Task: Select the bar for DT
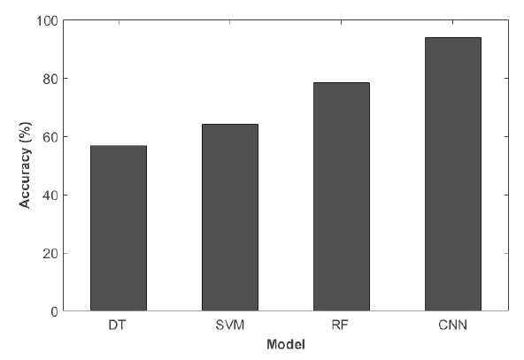coord(119,228)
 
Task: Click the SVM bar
coord(230,218)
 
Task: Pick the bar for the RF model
coord(342,196)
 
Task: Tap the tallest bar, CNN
coord(453,174)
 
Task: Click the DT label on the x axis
coord(118,325)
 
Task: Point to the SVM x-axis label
coord(230,325)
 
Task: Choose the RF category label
coord(341,325)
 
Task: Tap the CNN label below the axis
coord(453,325)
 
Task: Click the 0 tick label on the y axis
coord(55,311)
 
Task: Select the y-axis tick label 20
coord(50,254)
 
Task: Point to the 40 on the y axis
coord(50,195)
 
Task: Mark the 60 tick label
coord(50,137)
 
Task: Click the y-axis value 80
coord(50,79)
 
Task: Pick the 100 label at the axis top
coord(47,20)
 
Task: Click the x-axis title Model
coord(286,344)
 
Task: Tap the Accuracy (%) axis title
coord(26,165)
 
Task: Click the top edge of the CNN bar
coord(453,38)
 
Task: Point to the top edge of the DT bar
coord(119,146)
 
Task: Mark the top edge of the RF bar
coord(342,83)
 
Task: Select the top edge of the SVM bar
coord(230,124)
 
